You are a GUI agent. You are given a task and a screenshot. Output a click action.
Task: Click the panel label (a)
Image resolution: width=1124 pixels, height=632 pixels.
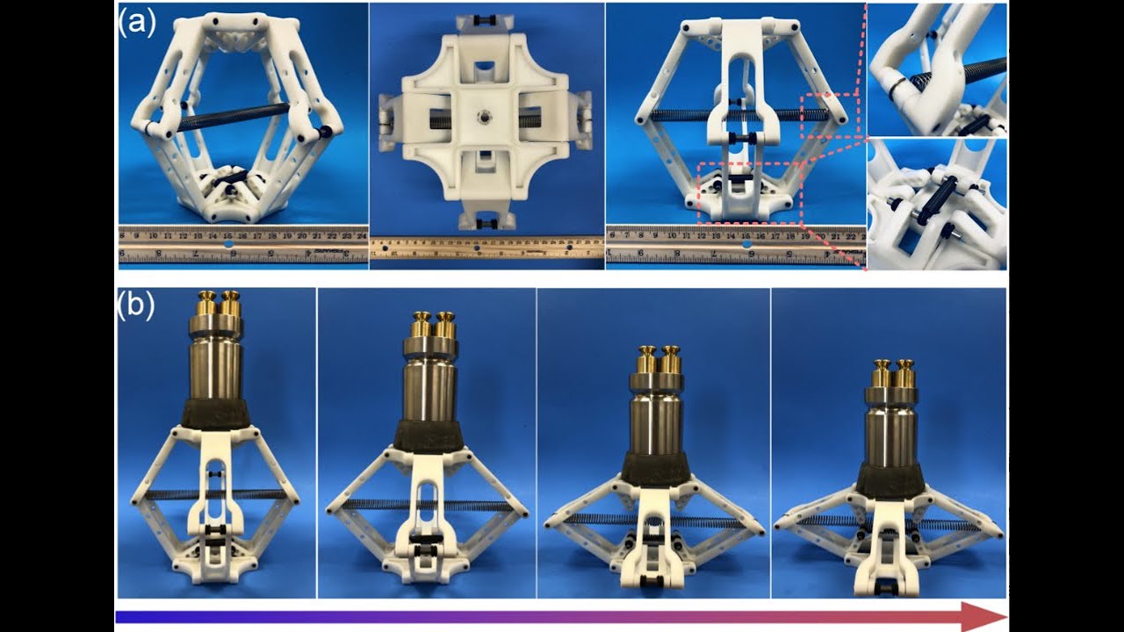click(x=137, y=22)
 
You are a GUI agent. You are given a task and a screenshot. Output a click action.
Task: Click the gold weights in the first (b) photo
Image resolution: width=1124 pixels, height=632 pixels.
click(x=219, y=303)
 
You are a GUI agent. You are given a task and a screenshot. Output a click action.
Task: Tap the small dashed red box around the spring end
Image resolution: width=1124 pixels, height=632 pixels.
click(x=829, y=114)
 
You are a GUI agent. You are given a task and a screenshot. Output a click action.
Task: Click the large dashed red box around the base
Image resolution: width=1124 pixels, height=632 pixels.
click(x=750, y=193)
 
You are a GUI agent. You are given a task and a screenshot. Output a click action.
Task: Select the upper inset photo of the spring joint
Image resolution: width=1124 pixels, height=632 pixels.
click(x=937, y=69)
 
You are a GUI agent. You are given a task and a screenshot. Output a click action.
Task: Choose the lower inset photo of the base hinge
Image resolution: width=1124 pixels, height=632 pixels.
click(x=937, y=204)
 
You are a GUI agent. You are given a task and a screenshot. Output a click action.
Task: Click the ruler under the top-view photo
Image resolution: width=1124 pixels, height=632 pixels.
click(x=486, y=248)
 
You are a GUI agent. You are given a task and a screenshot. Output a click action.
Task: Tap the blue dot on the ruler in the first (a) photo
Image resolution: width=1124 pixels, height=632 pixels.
click(x=229, y=247)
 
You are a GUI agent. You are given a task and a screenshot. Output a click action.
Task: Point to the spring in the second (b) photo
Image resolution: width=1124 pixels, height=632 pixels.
click(x=428, y=505)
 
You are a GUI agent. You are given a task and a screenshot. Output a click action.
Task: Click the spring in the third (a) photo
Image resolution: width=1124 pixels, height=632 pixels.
click(x=685, y=115)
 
